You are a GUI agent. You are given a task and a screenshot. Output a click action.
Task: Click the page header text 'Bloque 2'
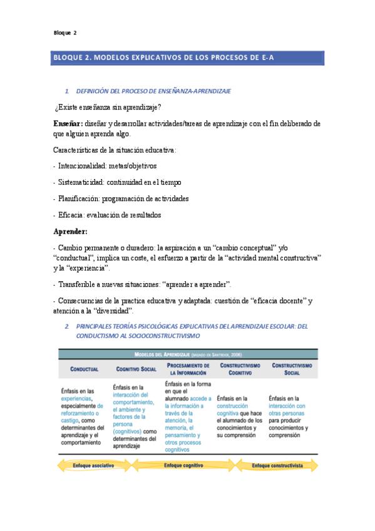click(x=64, y=33)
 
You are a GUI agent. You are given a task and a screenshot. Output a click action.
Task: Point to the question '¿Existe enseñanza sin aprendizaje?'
click(x=108, y=107)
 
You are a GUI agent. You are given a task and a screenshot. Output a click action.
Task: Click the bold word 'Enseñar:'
click(x=68, y=123)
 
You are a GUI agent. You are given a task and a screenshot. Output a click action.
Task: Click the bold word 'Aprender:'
click(x=70, y=231)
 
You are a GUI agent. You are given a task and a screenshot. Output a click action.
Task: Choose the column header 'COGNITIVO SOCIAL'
click(x=136, y=369)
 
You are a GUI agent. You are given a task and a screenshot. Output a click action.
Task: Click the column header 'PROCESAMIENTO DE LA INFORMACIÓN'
click(x=188, y=369)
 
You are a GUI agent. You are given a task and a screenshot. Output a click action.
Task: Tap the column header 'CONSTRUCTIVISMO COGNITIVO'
click(x=240, y=369)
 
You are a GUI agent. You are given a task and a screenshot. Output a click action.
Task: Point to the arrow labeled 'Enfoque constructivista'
click(x=278, y=466)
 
